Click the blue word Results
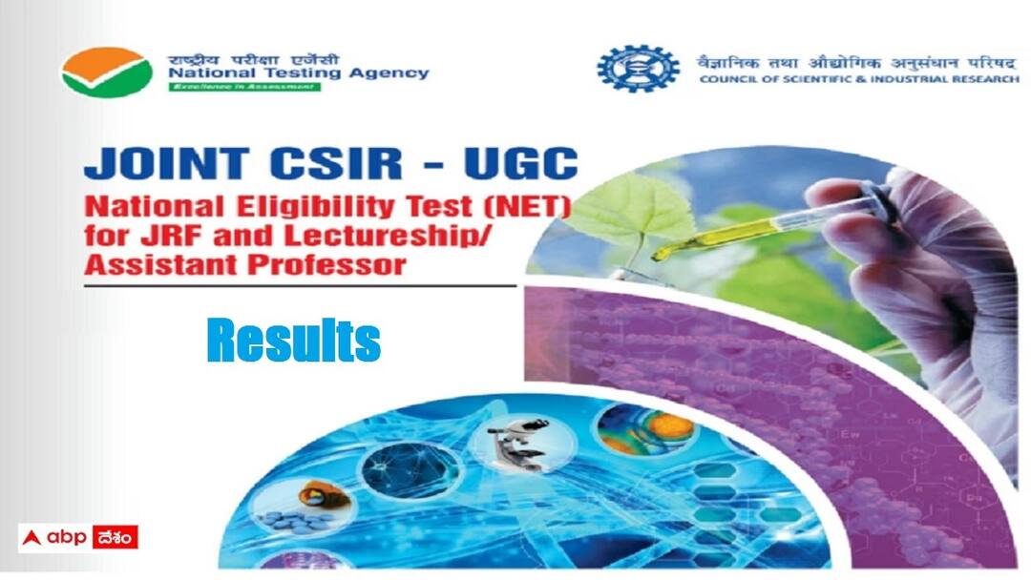click(293, 341)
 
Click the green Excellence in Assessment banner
click(245, 87)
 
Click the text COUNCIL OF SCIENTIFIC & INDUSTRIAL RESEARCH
click(858, 79)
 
